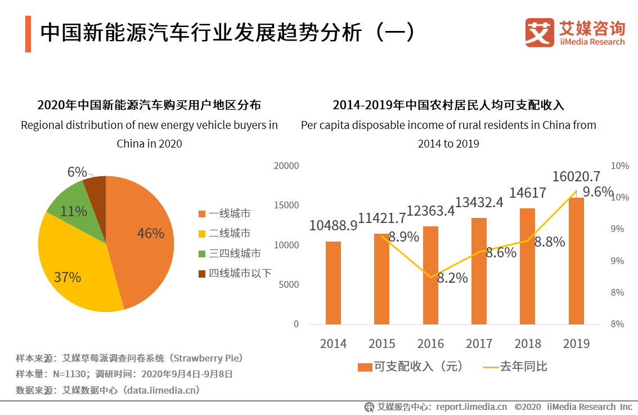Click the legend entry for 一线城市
(224, 213)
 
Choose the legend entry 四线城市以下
(235, 273)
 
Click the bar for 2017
(479, 271)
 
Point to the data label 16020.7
(576, 176)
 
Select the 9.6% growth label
(597, 192)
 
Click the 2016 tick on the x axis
(430, 343)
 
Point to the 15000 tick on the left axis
(288, 206)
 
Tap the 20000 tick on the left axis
(288, 166)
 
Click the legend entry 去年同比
(515, 367)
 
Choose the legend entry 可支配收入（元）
(411, 367)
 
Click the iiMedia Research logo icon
(540, 33)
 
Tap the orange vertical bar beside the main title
(28, 34)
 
